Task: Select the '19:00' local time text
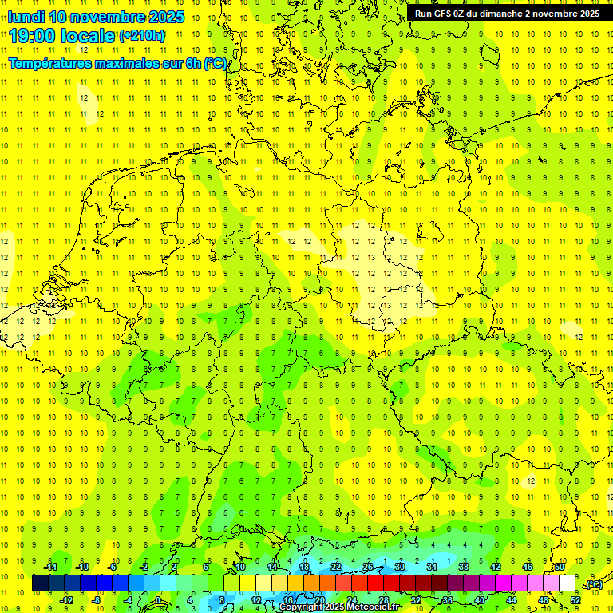(34, 36)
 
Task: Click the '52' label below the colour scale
(575, 600)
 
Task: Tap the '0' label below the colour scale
(157, 600)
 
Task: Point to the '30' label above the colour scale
(400, 567)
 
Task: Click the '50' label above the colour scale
(560, 567)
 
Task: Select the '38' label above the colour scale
(464, 567)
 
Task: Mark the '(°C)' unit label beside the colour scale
(594, 584)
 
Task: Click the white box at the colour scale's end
(567, 583)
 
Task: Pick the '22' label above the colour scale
(336, 567)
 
